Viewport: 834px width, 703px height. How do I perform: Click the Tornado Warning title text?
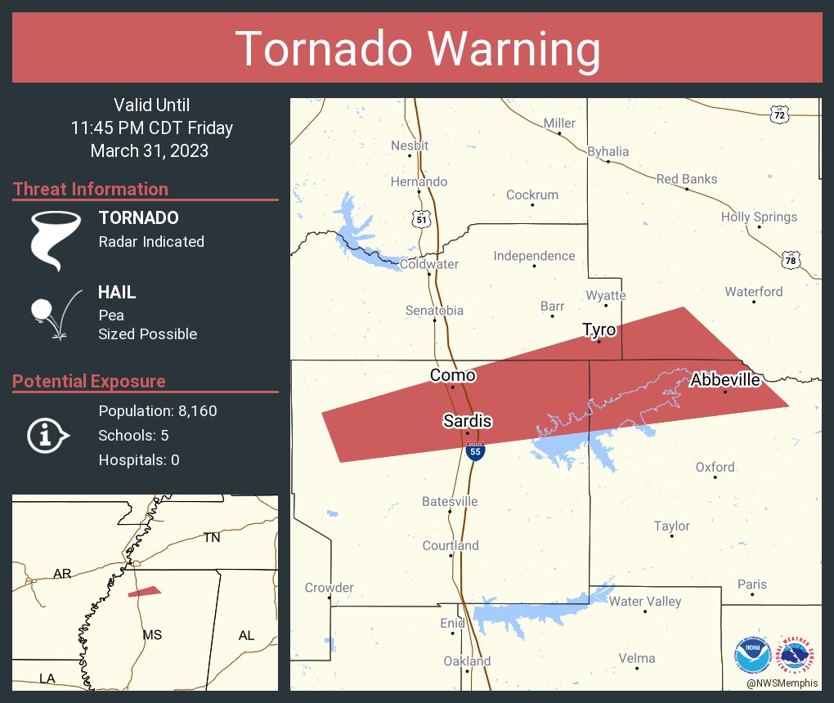click(417, 49)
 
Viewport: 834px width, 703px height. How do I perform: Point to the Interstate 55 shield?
click(474, 450)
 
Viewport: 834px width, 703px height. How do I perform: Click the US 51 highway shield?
click(421, 218)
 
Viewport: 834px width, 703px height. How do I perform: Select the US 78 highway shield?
click(790, 261)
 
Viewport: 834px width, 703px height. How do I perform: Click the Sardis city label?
click(468, 420)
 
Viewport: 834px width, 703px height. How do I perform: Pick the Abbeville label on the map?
click(725, 379)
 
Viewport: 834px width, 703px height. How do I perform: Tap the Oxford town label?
click(715, 468)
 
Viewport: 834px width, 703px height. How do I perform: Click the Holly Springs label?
click(759, 217)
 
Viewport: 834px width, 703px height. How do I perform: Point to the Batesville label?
click(450, 501)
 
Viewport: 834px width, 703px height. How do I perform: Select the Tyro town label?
click(599, 329)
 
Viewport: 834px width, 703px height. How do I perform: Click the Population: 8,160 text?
click(157, 411)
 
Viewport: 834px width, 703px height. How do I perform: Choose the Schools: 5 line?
click(133, 436)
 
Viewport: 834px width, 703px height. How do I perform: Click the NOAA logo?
click(752, 655)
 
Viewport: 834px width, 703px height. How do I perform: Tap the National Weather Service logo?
click(796, 655)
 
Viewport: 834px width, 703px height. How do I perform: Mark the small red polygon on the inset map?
click(145, 592)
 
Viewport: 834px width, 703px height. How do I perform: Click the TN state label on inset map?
click(212, 537)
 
